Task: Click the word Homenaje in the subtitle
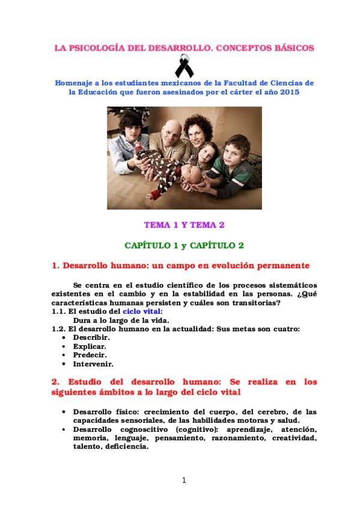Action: pyautogui.click(x=75, y=82)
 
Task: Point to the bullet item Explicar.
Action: pyautogui.click(x=89, y=346)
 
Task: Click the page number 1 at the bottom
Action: pyautogui.click(x=184, y=479)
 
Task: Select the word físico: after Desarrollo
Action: pyautogui.click(x=125, y=411)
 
